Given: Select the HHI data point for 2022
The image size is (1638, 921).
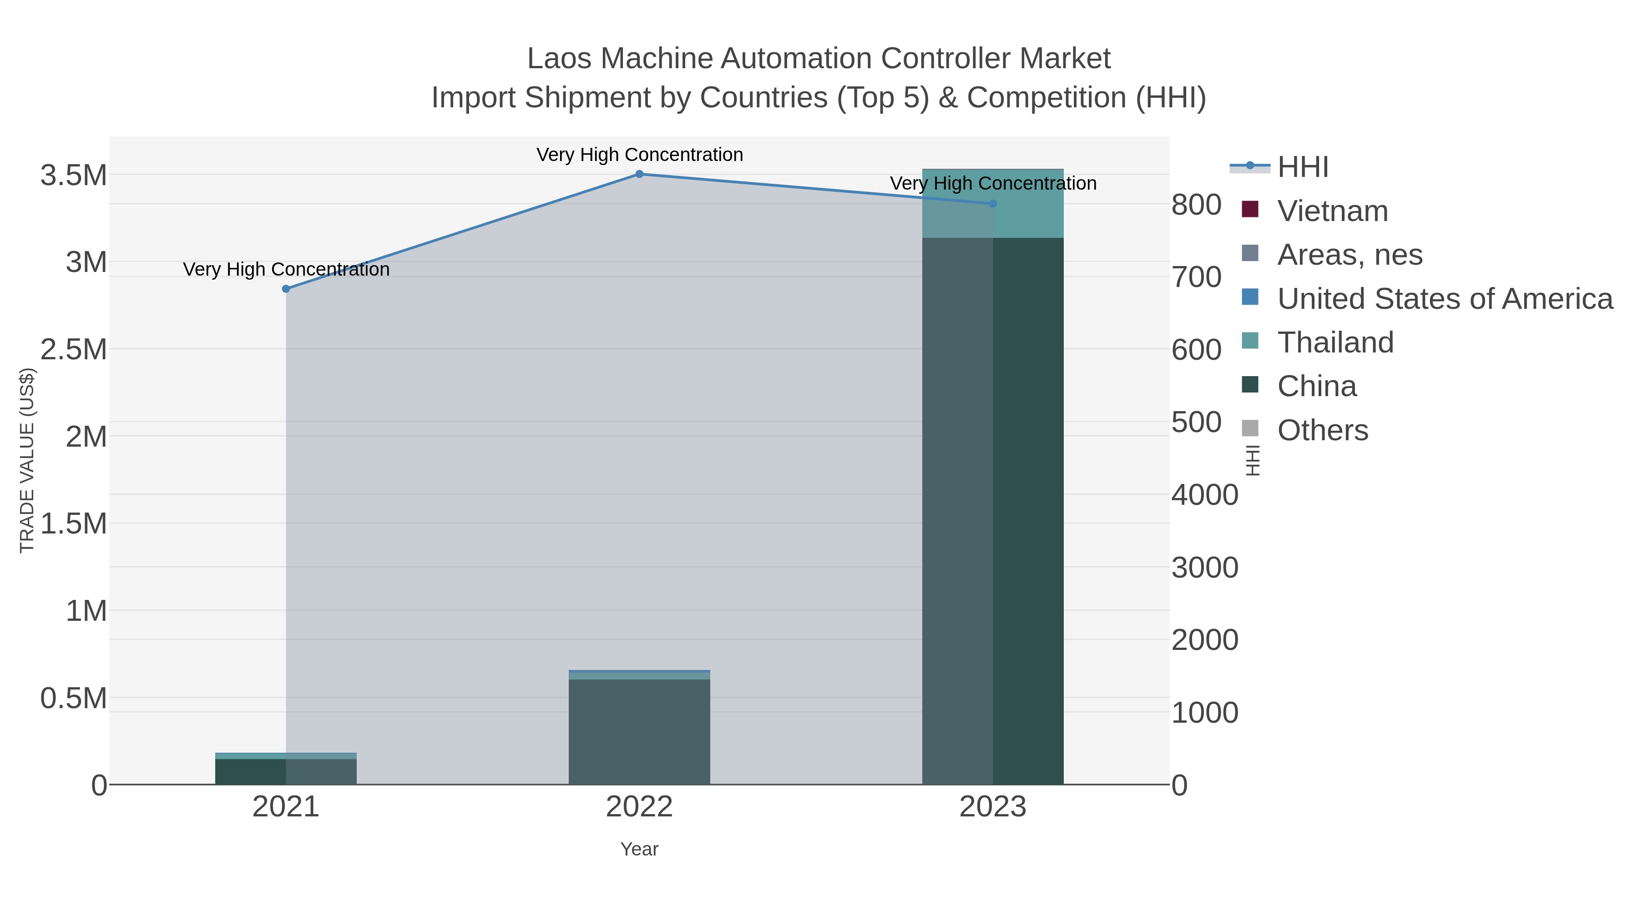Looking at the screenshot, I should click(639, 174).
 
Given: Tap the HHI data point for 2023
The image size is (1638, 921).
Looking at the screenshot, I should click(993, 203).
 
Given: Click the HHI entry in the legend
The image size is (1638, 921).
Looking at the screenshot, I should click(1302, 167).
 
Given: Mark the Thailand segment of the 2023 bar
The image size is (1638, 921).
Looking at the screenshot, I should click(993, 203).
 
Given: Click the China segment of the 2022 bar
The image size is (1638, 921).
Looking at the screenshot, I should click(639, 731).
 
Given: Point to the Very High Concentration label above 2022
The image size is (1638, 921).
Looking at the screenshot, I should click(639, 155).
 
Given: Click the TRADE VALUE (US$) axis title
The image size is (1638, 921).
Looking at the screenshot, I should click(27, 460).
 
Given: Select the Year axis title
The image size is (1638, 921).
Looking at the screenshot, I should click(639, 849).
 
